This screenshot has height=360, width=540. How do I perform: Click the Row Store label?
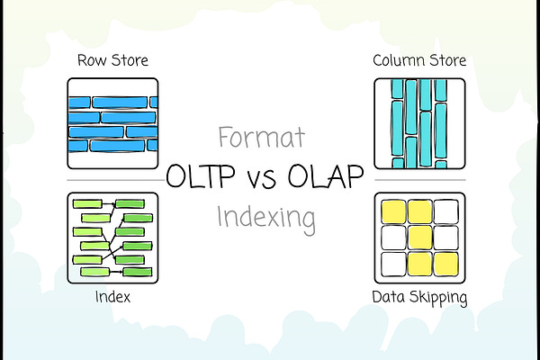pyautogui.click(x=112, y=61)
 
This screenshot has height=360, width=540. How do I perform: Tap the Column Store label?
pyautogui.click(x=418, y=61)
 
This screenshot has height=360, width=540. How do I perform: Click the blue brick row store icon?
pyautogui.click(x=112, y=123)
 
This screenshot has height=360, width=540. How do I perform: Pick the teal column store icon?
pyautogui.click(x=419, y=123)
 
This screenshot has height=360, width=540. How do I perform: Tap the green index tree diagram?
pyautogui.click(x=112, y=237)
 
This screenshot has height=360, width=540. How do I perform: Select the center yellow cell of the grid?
pyautogui.click(x=419, y=238)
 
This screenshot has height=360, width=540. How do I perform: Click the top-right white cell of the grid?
pyautogui.click(x=445, y=212)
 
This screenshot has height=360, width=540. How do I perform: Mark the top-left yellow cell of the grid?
pyautogui.click(x=394, y=212)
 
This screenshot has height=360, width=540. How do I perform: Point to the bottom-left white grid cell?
pyautogui.click(x=393, y=264)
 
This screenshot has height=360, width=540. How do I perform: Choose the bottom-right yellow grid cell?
pyautogui.click(x=445, y=264)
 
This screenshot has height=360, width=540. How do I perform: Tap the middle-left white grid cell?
pyautogui.click(x=393, y=238)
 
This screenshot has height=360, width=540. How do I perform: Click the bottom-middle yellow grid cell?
pyautogui.click(x=419, y=264)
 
